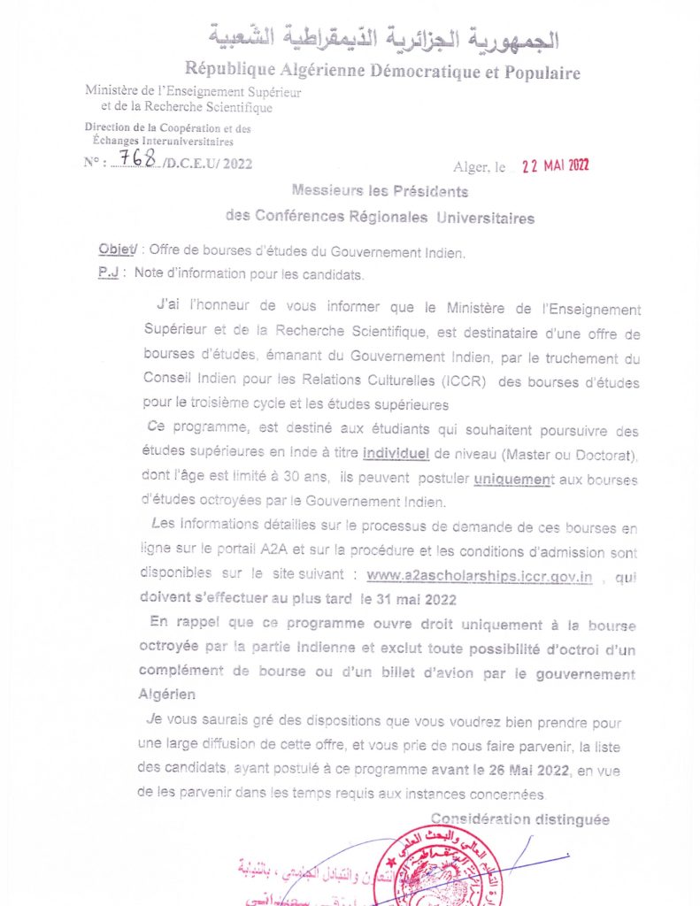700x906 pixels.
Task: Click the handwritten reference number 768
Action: [x=136, y=158]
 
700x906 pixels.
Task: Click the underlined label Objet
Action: [x=117, y=252]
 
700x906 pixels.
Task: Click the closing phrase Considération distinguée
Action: [x=520, y=820]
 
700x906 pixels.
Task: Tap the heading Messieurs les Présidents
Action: [x=380, y=191]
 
